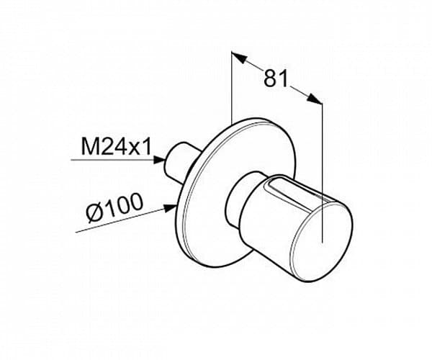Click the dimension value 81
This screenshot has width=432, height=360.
[276, 78]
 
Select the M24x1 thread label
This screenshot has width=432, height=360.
[116, 147]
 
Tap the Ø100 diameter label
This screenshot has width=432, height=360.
[114, 207]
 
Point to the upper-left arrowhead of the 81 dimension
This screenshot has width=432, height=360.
[239, 58]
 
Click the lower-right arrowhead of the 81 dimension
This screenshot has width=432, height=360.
[315, 99]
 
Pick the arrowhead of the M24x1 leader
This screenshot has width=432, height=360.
[159, 160]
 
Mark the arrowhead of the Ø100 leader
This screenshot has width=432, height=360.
[170, 208]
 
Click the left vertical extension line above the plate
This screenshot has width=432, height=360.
[231, 87]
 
